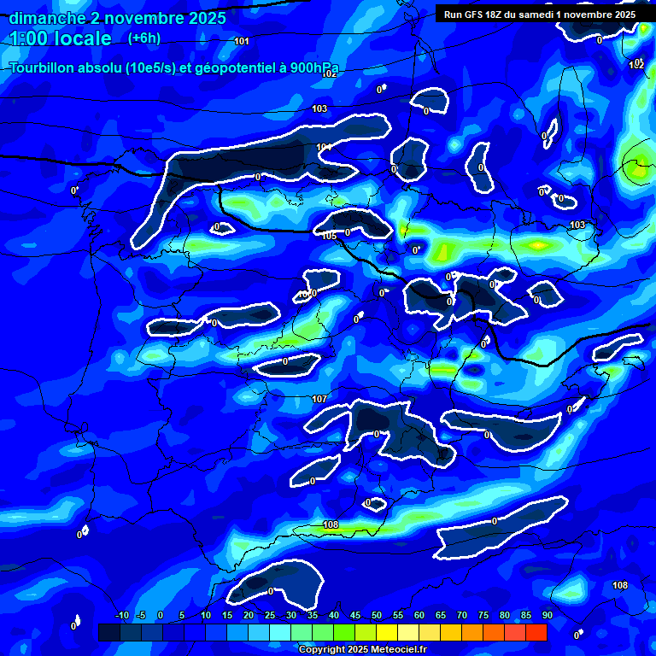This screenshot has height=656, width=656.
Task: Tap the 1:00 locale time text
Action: pos(61,38)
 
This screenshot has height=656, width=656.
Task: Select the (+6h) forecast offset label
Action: pos(143,38)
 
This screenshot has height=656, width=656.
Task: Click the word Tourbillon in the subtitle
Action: pos(44,67)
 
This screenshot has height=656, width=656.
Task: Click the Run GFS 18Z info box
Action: pos(539,15)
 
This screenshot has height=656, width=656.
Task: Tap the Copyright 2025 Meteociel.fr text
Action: pos(362,649)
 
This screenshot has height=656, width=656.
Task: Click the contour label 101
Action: pos(242,41)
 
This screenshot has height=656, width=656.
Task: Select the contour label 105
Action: pos(330,236)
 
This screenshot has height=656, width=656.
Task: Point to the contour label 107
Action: pos(319,400)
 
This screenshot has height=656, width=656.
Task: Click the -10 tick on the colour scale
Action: pos(121,616)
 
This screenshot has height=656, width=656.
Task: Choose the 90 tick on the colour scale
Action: pos(548,616)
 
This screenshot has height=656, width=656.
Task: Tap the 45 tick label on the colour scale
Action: pos(355,616)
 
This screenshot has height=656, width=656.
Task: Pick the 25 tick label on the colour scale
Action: pos(270,616)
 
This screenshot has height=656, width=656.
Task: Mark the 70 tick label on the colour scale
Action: pos(462,616)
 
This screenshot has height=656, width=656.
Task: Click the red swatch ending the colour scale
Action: pos(536,632)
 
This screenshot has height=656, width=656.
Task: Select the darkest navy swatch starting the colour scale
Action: pos(108,632)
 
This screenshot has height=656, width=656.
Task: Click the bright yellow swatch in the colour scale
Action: pos(386,632)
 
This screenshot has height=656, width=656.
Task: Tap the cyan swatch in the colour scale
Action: pos(279,632)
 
